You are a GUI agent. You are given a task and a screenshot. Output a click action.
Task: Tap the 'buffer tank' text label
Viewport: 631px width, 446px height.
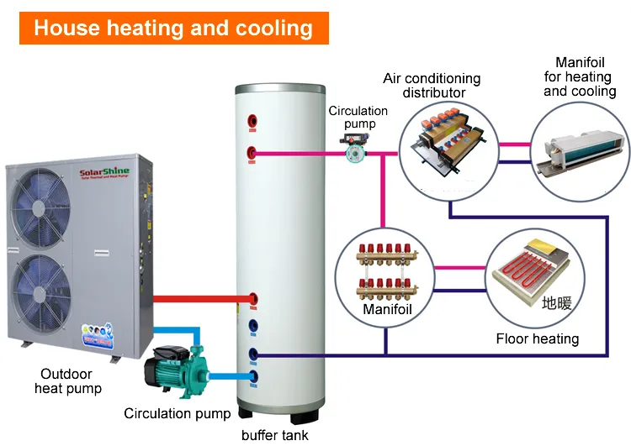click(x=274, y=434)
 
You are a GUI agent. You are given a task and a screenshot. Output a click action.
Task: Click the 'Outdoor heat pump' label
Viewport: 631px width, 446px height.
click(x=68, y=380)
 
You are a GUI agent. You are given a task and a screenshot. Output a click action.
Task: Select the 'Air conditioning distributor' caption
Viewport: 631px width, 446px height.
click(x=432, y=85)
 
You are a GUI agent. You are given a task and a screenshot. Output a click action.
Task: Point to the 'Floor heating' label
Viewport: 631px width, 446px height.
click(x=537, y=338)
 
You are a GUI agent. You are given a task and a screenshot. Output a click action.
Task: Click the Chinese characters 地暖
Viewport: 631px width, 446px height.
click(x=556, y=303)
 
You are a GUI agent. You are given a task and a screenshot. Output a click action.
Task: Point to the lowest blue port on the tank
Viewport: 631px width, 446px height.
click(x=253, y=375)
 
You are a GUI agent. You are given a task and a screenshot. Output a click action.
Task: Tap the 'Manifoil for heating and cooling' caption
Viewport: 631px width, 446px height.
click(x=580, y=76)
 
